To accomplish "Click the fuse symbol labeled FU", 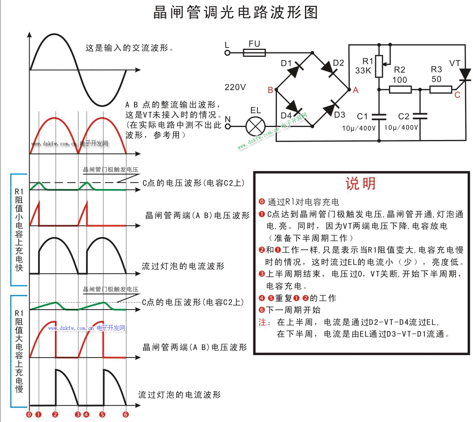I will click(254, 53).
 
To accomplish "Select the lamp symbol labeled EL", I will click(255, 127).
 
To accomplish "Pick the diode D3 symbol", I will click(330, 109).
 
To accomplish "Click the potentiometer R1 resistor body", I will click(379, 66).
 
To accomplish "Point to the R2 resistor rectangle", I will click(400, 89).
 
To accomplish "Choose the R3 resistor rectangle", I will click(441, 89).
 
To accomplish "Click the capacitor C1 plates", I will click(379, 117).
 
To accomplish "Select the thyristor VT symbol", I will click(464, 75).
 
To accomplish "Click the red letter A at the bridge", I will click(356, 90).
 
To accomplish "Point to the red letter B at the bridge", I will click(270, 90).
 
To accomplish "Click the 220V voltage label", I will click(235, 87).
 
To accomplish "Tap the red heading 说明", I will click(361, 183).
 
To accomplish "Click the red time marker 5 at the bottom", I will click(102, 414).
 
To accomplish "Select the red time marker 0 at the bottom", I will click(29, 414).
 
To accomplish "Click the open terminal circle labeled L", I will click(227, 53).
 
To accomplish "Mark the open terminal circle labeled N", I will click(227, 127).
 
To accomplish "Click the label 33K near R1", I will click(363, 71).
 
